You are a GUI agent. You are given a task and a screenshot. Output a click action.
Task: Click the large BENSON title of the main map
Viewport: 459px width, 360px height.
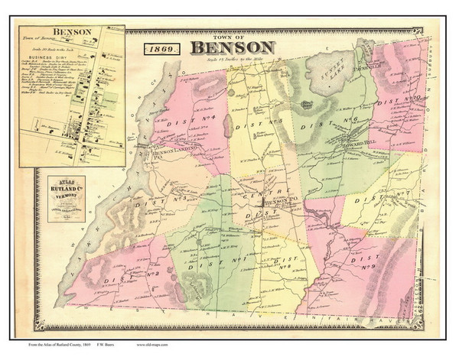click(228, 48)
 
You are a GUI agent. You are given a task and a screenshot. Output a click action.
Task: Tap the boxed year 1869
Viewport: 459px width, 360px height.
click(161, 48)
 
